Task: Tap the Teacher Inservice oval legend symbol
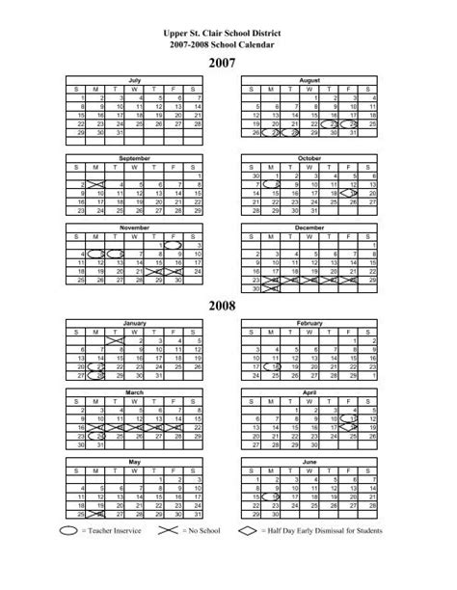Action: click(x=69, y=557)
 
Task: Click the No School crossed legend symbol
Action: click(x=166, y=557)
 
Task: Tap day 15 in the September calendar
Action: click(x=197, y=194)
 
